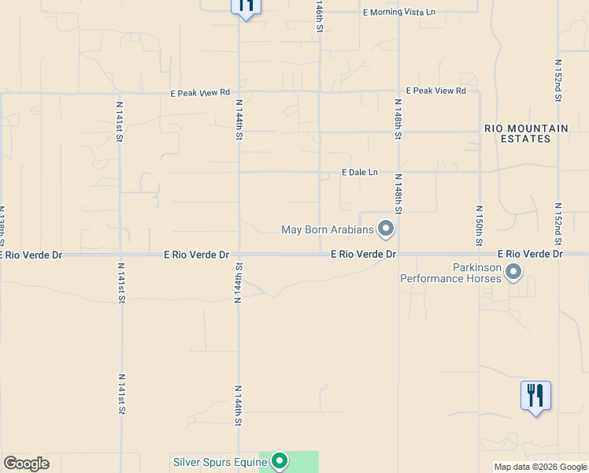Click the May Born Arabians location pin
point(386,229)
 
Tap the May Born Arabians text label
point(327,230)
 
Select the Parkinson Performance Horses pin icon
point(513,272)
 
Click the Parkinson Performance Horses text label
point(450,273)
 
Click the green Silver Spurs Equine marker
point(279,461)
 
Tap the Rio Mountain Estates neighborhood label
point(526,133)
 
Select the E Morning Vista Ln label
point(398,13)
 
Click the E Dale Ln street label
point(359,172)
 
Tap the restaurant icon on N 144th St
point(246,7)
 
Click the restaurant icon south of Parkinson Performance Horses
point(535,395)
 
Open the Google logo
point(26,464)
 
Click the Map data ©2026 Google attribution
point(541,467)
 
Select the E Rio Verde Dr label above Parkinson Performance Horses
point(531,254)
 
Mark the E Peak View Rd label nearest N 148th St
point(435,91)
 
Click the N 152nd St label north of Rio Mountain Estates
point(558,80)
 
